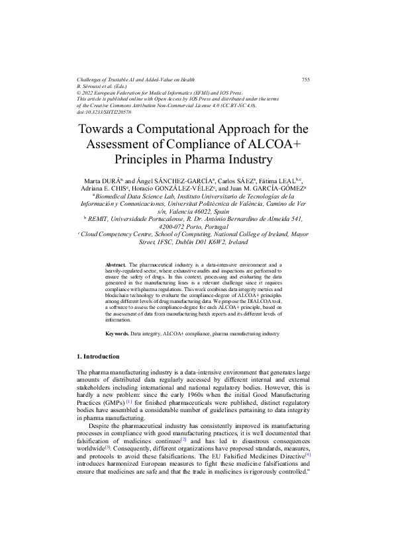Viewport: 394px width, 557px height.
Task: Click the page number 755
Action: pos(305,79)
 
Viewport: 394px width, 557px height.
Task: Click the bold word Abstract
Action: pos(116,265)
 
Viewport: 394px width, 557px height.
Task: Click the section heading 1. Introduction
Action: pos(98,357)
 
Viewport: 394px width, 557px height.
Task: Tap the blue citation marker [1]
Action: pos(129,401)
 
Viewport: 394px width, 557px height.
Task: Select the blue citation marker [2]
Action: pos(183,439)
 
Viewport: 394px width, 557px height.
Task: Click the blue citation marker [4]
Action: pos(308,455)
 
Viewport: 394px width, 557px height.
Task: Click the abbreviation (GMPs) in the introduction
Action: pos(112,402)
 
